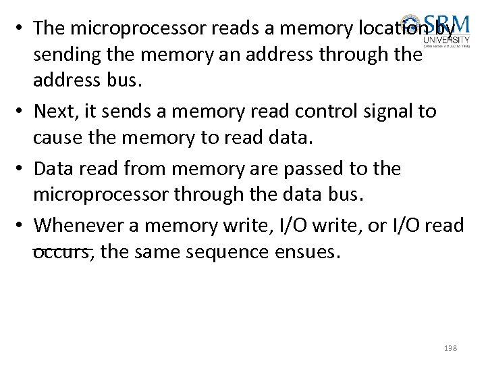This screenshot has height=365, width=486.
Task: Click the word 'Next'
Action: pos(53,111)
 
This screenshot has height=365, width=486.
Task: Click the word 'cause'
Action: pos(57,139)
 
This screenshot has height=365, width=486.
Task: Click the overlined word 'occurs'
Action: pos(61,253)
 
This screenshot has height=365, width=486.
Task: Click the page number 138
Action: pos(450,347)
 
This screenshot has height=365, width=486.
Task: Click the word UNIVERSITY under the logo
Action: pos(446,39)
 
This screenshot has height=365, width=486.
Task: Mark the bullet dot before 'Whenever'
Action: pos(22,225)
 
